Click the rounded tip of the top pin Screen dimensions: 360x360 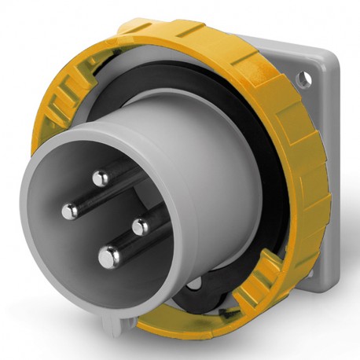click(99, 179)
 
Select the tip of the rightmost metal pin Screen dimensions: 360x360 click(141, 227)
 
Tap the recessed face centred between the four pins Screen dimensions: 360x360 click(104, 219)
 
